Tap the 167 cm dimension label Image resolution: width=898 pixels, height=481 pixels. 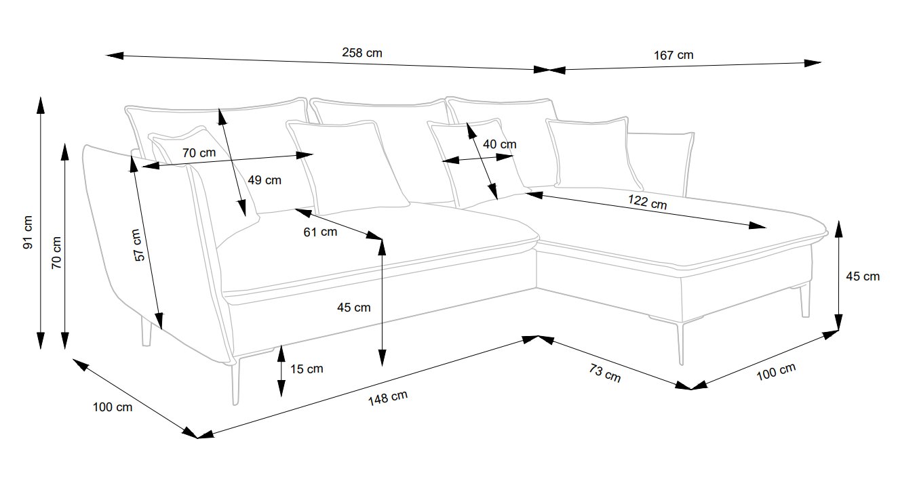click(673, 55)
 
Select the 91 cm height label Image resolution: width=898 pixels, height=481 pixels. click(27, 233)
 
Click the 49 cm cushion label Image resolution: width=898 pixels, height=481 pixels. click(264, 180)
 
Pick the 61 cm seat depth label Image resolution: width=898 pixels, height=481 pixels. click(319, 232)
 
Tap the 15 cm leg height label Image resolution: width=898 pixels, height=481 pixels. click(306, 369)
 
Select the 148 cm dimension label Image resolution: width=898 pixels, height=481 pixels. click(387, 398)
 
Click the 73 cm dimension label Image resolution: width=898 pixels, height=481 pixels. click(604, 374)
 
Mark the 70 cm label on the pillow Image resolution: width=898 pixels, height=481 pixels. click(199, 153)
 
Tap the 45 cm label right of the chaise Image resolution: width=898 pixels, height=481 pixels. click(863, 276)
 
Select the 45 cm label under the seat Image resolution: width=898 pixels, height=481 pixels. click(353, 308)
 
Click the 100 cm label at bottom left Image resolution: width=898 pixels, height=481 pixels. click(113, 407)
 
